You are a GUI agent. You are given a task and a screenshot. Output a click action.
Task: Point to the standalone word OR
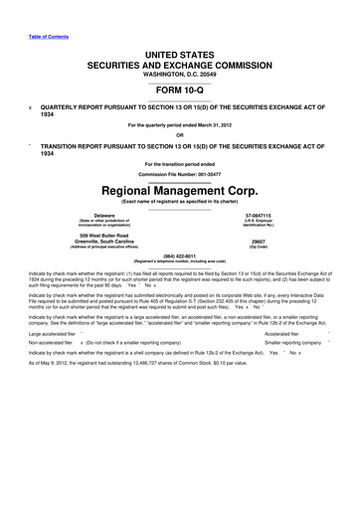click(179, 136)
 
